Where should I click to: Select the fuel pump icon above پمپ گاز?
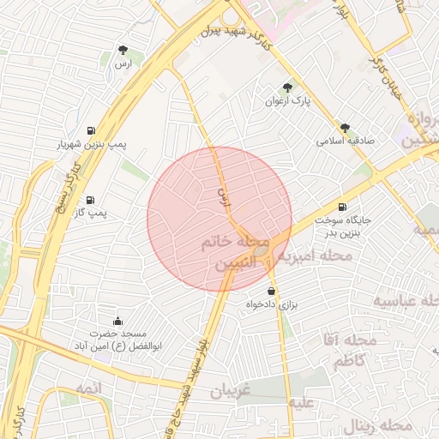tap(91, 198)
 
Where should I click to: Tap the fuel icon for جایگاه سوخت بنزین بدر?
tap(343, 206)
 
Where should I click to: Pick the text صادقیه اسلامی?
tap(342, 140)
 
